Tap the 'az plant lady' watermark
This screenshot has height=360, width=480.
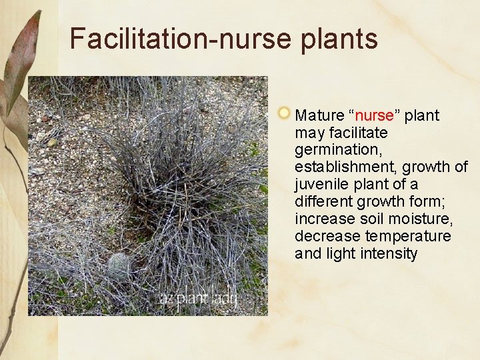(199, 299)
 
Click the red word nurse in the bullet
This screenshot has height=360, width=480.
(374, 115)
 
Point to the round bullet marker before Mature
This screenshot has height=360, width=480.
(284, 112)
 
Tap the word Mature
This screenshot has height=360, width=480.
(319, 115)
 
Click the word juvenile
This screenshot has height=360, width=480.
(322, 184)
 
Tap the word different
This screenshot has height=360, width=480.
(322, 201)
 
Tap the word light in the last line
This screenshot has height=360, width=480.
(338, 253)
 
